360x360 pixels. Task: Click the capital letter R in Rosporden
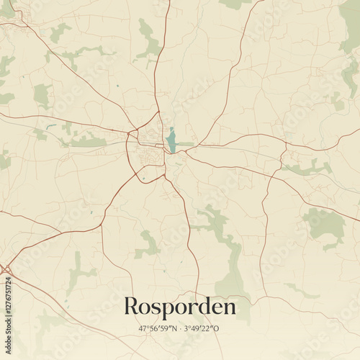[132, 306]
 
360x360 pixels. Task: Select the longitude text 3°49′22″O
[203, 328]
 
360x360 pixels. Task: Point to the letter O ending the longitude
[217, 328]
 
